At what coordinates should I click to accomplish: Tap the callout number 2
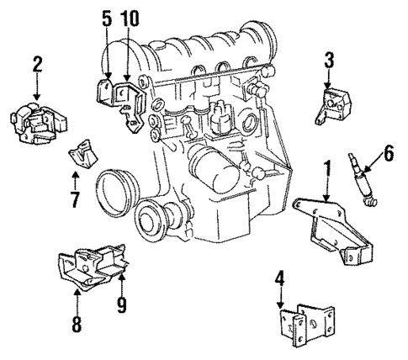[x=37, y=64]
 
